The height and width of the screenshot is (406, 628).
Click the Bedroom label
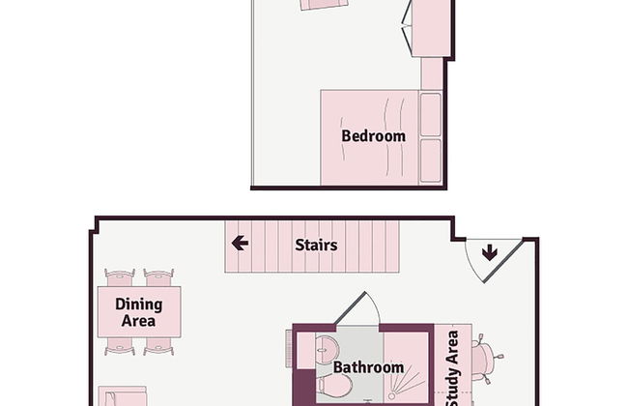click(x=373, y=136)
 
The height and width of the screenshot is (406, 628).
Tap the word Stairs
click(x=316, y=245)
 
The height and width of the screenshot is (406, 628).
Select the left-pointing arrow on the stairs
click(x=240, y=243)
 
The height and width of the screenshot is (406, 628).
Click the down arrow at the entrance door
click(x=490, y=253)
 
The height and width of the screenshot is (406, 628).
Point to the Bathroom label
click(x=368, y=367)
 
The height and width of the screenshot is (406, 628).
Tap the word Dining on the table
click(x=139, y=305)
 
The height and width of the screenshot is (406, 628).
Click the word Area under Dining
click(x=138, y=321)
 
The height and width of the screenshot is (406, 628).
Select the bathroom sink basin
click(x=326, y=350)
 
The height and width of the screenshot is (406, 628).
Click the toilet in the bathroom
click(x=334, y=387)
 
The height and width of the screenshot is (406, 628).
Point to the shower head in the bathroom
click(x=391, y=396)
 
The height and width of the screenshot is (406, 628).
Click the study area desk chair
click(x=487, y=358)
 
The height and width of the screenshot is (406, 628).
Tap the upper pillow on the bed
click(x=431, y=114)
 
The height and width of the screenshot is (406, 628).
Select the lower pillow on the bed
click(x=431, y=160)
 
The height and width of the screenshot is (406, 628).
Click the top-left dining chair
click(x=120, y=277)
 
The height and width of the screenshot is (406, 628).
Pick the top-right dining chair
click(x=158, y=277)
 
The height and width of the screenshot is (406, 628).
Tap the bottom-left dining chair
click(x=120, y=346)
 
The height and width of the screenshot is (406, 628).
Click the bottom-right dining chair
click(x=158, y=346)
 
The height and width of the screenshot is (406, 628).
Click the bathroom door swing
click(x=357, y=307)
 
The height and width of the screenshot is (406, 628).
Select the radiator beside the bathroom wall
click(x=289, y=348)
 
